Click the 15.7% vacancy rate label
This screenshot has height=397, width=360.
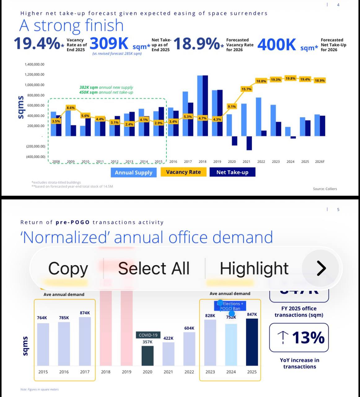tap(246, 89)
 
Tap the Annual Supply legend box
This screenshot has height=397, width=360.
tap(134, 172)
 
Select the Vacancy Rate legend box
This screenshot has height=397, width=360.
tap(183, 172)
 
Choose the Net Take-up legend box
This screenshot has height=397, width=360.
tap(232, 172)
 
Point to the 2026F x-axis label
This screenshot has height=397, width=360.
tap(320, 162)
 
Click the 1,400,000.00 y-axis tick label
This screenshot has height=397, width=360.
tap(34, 65)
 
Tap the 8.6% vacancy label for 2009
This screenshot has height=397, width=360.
tap(71, 108)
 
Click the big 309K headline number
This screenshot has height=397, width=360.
tap(109, 44)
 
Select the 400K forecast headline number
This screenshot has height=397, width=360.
tap(277, 45)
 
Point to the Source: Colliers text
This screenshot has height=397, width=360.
tap(325, 189)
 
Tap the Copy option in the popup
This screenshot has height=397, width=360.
tap(68, 268)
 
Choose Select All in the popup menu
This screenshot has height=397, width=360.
tap(154, 268)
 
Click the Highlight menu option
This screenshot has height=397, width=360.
tap(254, 268)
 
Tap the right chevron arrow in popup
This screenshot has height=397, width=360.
tap(321, 268)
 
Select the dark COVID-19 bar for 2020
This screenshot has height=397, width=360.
tap(147, 356)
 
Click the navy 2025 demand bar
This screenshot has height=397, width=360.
tap(252, 342)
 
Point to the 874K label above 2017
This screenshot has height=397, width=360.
tap(85, 313)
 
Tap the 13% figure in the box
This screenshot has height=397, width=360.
tap(308, 337)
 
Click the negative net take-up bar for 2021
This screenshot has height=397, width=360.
tap(249, 143)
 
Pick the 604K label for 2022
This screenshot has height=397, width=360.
tap(189, 328)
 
